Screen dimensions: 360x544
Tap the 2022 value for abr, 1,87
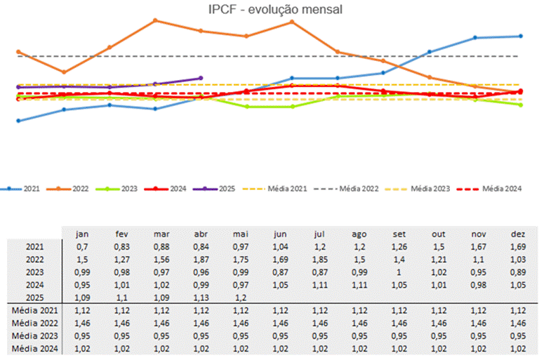click(x=201, y=259)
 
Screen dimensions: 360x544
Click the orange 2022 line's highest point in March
click(x=155, y=20)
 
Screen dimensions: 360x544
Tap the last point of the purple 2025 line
click(x=201, y=78)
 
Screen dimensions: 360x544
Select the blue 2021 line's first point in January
click(x=18, y=121)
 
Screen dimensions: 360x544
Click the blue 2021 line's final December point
click(x=520, y=36)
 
